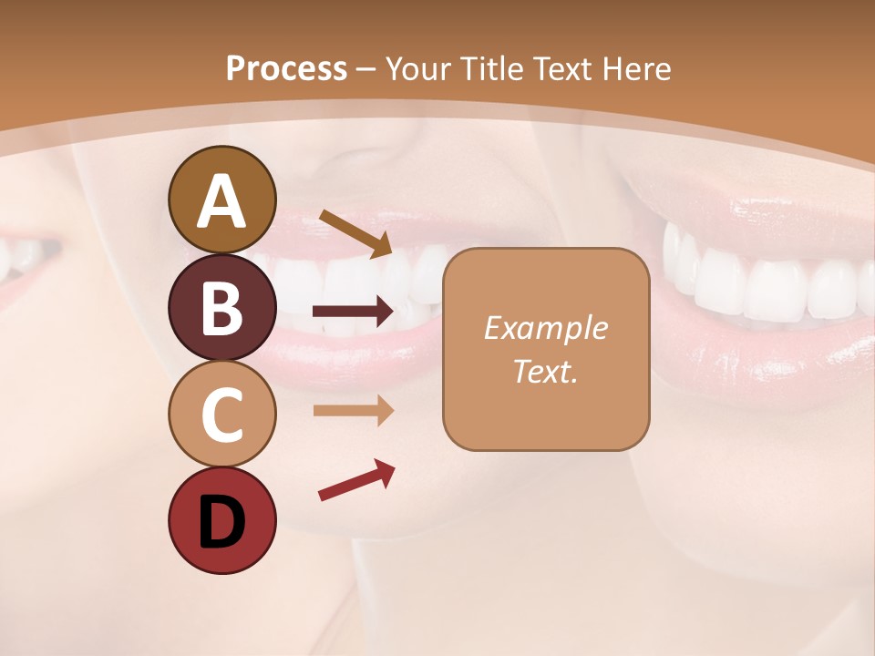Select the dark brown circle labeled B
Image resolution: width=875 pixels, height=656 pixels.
(x=221, y=307)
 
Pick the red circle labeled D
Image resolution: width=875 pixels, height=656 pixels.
(x=221, y=520)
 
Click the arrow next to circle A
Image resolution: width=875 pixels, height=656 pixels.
(x=355, y=232)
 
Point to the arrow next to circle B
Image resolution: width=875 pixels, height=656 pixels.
(x=354, y=313)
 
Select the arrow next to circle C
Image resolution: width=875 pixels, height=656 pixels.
(x=354, y=411)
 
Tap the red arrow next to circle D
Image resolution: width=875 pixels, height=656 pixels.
(x=356, y=480)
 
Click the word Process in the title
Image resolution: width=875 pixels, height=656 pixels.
(x=286, y=68)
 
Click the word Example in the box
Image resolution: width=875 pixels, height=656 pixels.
(x=545, y=328)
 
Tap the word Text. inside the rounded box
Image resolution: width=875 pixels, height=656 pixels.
(x=545, y=371)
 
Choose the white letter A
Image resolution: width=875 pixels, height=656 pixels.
(x=221, y=201)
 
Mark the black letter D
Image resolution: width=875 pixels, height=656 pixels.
(x=221, y=521)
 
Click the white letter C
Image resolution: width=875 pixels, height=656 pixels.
(x=221, y=414)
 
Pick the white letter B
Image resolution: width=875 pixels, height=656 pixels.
(x=221, y=308)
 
